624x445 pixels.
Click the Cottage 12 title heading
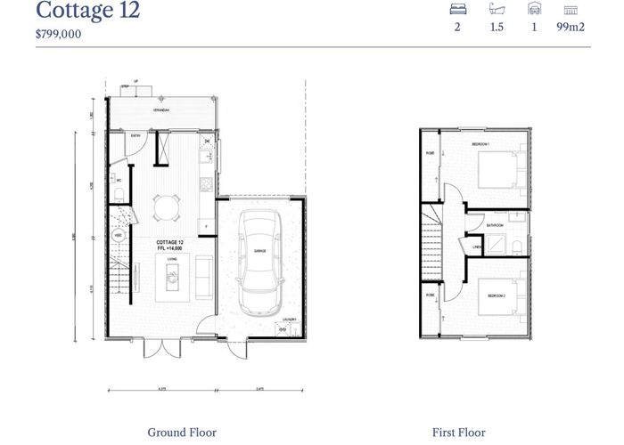pyautogui.click(x=87, y=12)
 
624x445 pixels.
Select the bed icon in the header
pyautogui.click(x=458, y=10)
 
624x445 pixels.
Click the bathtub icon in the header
pyautogui.click(x=497, y=10)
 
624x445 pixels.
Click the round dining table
pyautogui.click(x=164, y=209)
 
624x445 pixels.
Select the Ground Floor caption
pyautogui.click(x=181, y=433)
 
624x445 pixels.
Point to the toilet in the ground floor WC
pyautogui.click(x=119, y=196)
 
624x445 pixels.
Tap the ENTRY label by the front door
pyautogui.click(x=136, y=136)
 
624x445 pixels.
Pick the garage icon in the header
pyautogui.click(x=535, y=10)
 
